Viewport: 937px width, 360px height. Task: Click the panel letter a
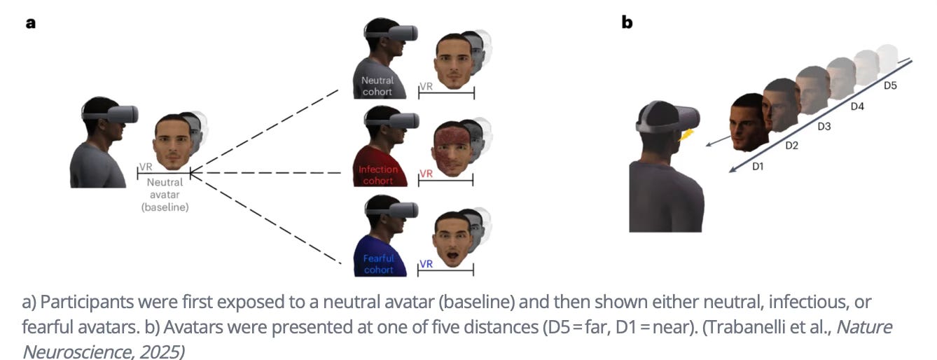(x=30, y=23)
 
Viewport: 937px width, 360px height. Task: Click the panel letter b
(x=627, y=22)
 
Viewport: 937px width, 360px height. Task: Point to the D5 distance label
(x=890, y=85)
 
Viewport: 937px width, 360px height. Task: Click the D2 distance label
(x=792, y=146)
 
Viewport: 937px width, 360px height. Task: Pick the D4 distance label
(x=857, y=106)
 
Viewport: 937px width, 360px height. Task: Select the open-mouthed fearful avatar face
(x=450, y=240)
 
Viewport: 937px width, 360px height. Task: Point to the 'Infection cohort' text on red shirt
(x=378, y=175)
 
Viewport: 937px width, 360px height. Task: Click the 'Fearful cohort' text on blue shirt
(x=379, y=264)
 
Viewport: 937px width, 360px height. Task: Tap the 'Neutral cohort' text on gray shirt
(x=377, y=85)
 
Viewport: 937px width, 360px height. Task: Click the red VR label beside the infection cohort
(x=426, y=174)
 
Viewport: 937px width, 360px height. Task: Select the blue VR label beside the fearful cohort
(x=426, y=264)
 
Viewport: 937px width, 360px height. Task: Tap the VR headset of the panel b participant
(x=673, y=119)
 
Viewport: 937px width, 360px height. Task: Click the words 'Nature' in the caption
(x=869, y=327)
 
